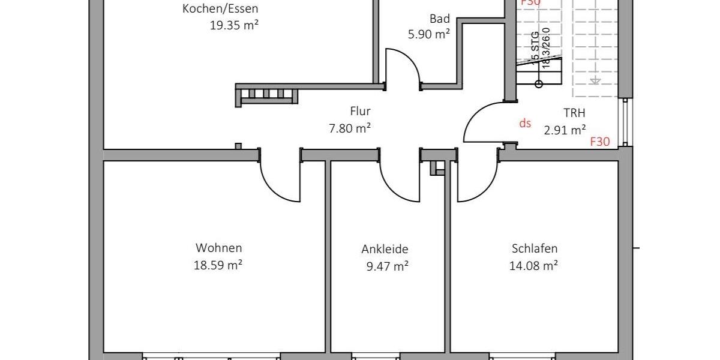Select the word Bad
pyautogui.click(x=439, y=19)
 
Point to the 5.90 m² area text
pyautogui.click(x=428, y=34)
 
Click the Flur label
pyautogui.click(x=360, y=111)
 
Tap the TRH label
pyautogui.click(x=574, y=112)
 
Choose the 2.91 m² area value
pyautogui.click(x=565, y=129)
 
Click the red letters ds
pyautogui.click(x=525, y=123)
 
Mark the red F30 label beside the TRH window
pyautogui.click(x=600, y=142)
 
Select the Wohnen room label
pyautogui.click(x=218, y=248)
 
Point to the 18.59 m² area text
pyautogui.click(x=218, y=265)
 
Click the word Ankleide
pyautogui.click(x=385, y=249)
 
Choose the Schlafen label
pyautogui.click(x=535, y=248)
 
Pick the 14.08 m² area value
pyautogui.click(x=533, y=265)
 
